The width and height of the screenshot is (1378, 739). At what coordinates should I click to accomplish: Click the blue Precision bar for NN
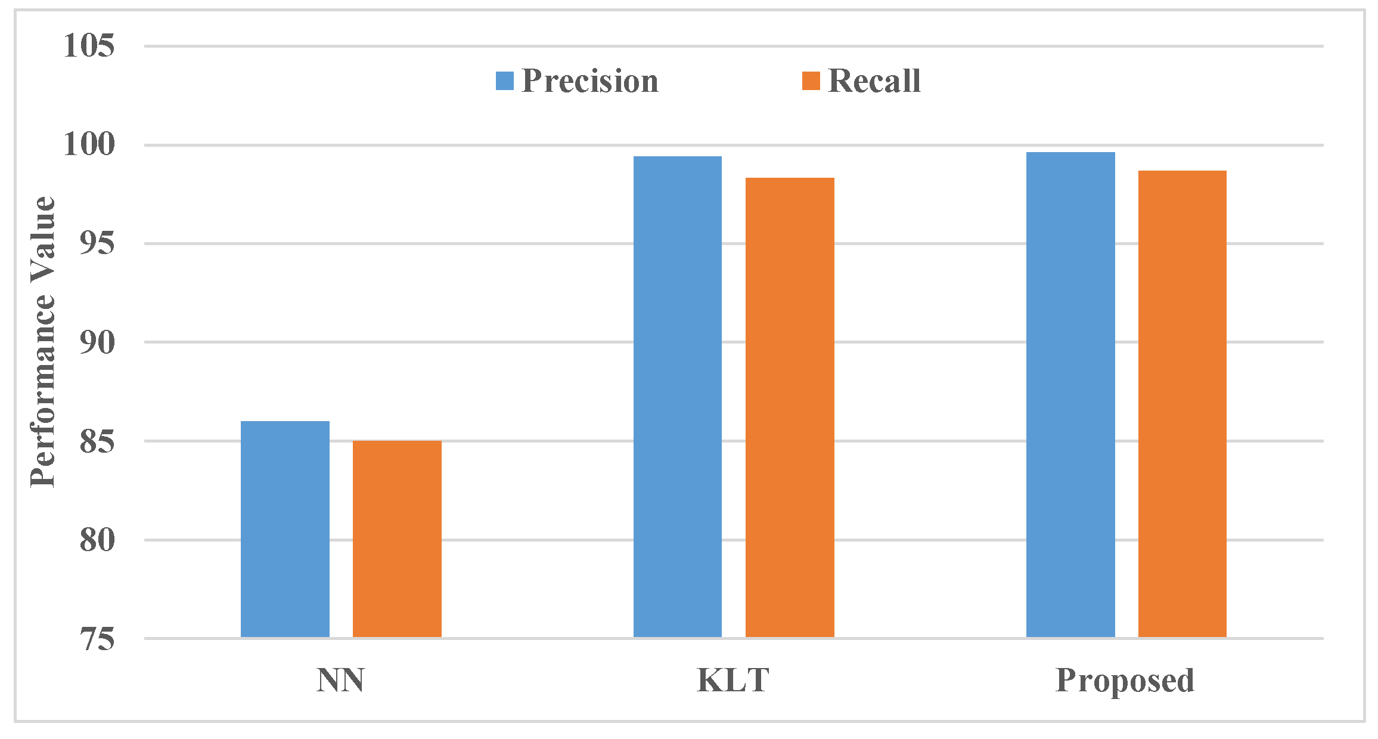pos(285,529)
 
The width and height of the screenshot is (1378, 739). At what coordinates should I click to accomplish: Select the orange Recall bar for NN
pos(397,539)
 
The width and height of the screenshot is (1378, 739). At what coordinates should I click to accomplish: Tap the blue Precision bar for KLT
pos(678,397)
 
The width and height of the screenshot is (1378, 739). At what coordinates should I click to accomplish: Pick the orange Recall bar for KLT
pos(790,407)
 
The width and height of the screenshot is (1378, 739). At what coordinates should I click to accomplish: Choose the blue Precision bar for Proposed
pos(1070,395)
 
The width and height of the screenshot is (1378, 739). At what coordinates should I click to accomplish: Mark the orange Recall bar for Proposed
pos(1183,404)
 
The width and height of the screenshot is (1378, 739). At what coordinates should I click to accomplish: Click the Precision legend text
pos(590,81)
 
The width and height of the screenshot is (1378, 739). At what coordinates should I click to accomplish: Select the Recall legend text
pos(874,81)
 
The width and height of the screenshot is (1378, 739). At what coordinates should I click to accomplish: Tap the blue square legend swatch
pos(505,81)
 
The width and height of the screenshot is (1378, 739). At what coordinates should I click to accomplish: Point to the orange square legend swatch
pos(811,81)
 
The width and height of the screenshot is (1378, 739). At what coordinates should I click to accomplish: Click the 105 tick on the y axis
pos(89,46)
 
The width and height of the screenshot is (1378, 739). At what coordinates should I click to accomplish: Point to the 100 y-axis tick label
pos(89,144)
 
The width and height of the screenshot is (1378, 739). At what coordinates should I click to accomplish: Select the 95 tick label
pos(97,243)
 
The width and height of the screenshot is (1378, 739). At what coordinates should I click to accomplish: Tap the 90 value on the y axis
pos(97,342)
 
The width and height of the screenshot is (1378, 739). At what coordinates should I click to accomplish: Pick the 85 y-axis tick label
pos(97,441)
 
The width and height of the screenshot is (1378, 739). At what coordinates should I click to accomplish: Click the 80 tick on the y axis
pos(97,540)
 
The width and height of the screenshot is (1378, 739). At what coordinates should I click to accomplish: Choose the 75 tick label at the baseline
pos(97,639)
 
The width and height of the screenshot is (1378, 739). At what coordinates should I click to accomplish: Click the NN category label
pos(340,680)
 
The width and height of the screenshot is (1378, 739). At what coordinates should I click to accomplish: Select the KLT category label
pos(733,680)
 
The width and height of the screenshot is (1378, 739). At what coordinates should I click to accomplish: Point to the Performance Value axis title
pos(43,342)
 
